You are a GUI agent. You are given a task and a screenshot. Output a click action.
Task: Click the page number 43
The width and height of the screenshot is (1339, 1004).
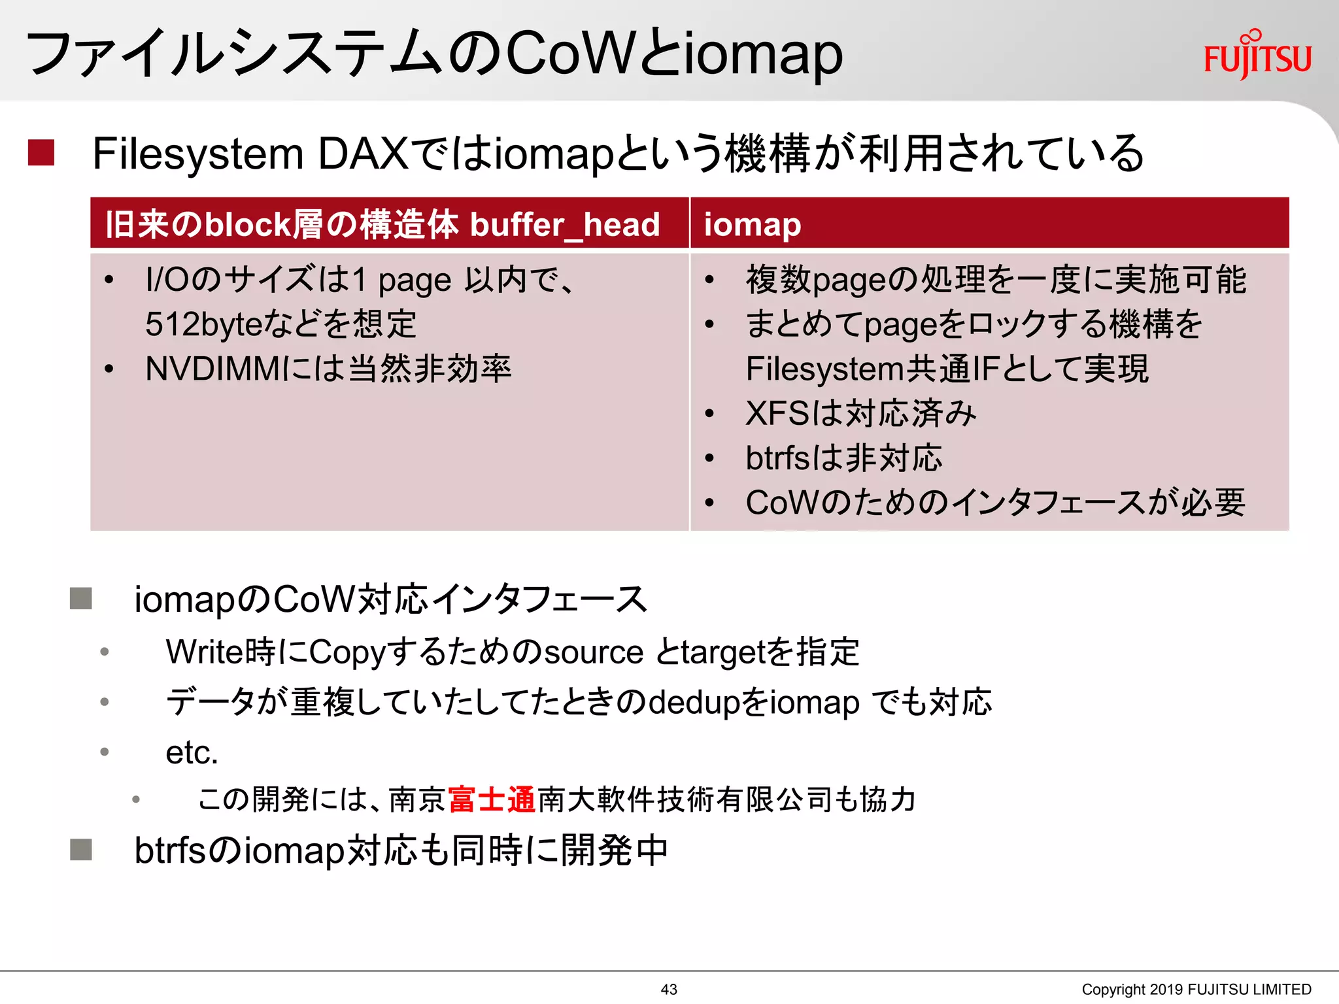669,989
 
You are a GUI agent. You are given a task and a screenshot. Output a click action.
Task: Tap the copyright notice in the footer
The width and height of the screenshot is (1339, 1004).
1196,989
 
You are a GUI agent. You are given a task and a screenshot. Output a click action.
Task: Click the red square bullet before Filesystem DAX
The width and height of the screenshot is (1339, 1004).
41,153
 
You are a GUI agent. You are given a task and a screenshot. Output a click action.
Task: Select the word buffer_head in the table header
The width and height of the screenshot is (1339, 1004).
565,225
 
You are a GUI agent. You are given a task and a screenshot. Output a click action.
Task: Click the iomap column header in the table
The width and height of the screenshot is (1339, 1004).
752,225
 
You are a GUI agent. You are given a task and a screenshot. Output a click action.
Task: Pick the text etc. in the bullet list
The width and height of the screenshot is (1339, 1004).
191,752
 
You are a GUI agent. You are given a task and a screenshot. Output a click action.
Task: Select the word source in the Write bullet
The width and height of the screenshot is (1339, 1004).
594,652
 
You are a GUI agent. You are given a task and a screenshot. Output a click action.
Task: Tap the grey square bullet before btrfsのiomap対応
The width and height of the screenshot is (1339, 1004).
81,850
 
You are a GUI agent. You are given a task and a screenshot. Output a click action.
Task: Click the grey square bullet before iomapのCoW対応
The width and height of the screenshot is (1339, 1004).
81,598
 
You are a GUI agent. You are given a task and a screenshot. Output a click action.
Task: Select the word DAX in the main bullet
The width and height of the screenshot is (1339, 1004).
363,154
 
